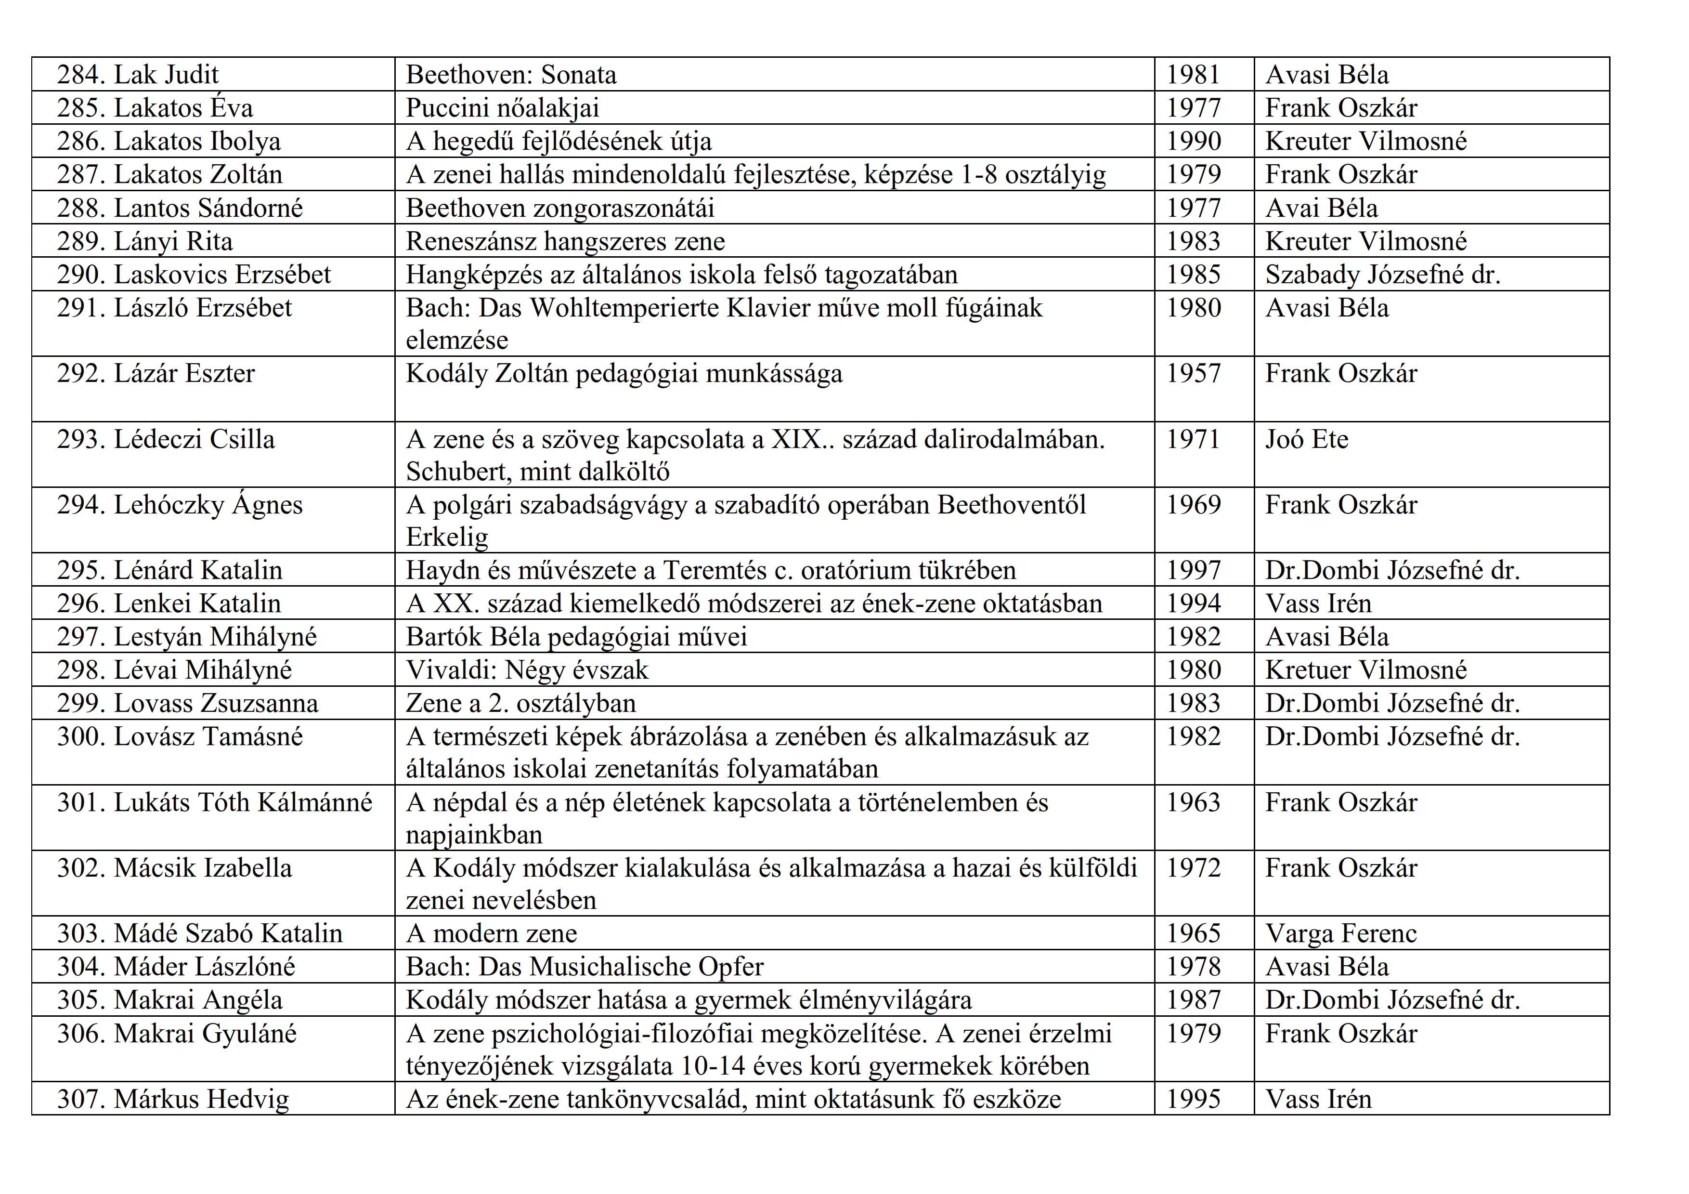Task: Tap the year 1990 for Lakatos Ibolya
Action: [1193, 141]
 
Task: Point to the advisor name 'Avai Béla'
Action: [1321, 208]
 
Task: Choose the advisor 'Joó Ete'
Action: [1307, 439]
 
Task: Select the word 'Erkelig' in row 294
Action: [446, 537]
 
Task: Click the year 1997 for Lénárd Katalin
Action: [1193, 570]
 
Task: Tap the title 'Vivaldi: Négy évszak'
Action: [527, 670]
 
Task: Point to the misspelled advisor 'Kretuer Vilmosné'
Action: [1365, 670]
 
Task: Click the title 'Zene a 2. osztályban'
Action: [521, 703]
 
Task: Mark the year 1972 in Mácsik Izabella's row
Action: [1193, 868]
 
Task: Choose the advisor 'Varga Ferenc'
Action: [1340, 933]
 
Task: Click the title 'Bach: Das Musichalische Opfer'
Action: [585, 967]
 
